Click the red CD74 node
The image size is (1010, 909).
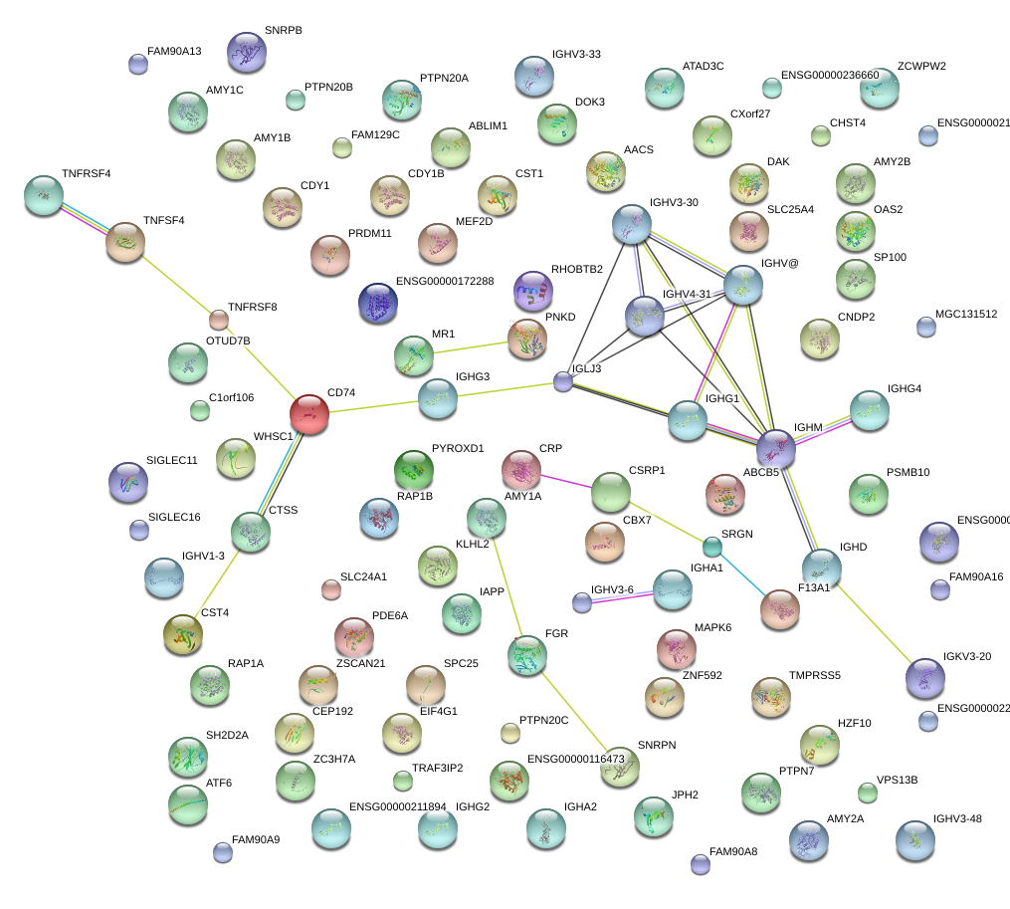tap(309, 414)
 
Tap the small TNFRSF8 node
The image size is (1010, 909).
tap(219, 320)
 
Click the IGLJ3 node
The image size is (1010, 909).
tap(563, 381)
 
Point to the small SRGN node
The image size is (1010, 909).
tap(711, 546)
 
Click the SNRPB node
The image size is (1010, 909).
tap(247, 53)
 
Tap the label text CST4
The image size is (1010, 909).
tap(215, 612)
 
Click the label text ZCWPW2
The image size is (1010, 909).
tap(921, 67)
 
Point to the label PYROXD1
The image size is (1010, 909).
tap(457, 449)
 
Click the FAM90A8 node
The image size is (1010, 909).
tap(701, 863)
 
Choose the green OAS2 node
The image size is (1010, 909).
tap(855, 231)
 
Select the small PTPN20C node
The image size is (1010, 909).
tap(509, 734)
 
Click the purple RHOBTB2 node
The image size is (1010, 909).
tap(533, 291)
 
